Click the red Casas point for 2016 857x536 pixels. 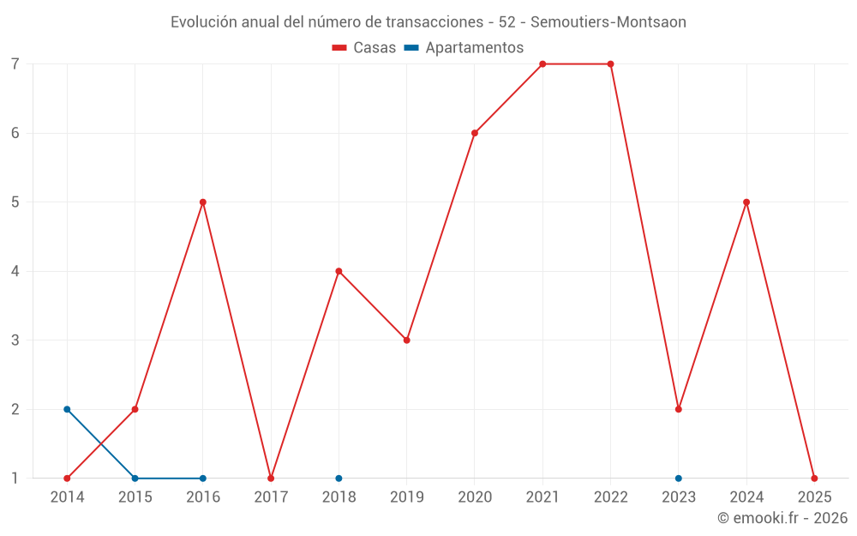[203, 202]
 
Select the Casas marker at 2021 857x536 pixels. [542, 64]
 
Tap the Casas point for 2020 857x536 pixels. [475, 133]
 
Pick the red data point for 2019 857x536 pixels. [407, 340]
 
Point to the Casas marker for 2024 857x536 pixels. [746, 202]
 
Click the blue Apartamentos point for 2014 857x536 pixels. [67, 409]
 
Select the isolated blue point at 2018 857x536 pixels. [339, 479]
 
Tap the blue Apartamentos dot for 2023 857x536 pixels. [679, 479]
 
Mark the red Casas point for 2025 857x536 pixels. [814, 479]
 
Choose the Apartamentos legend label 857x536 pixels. [474, 48]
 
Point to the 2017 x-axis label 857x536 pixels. [271, 497]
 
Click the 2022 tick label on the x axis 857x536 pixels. [610, 497]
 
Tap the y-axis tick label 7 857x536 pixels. [15, 64]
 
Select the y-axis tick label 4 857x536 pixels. [15, 272]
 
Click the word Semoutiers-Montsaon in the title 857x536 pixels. [611, 22]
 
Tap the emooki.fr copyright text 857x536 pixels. [782, 518]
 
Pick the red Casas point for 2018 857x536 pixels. [339, 272]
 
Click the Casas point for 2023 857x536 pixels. [679, 409]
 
